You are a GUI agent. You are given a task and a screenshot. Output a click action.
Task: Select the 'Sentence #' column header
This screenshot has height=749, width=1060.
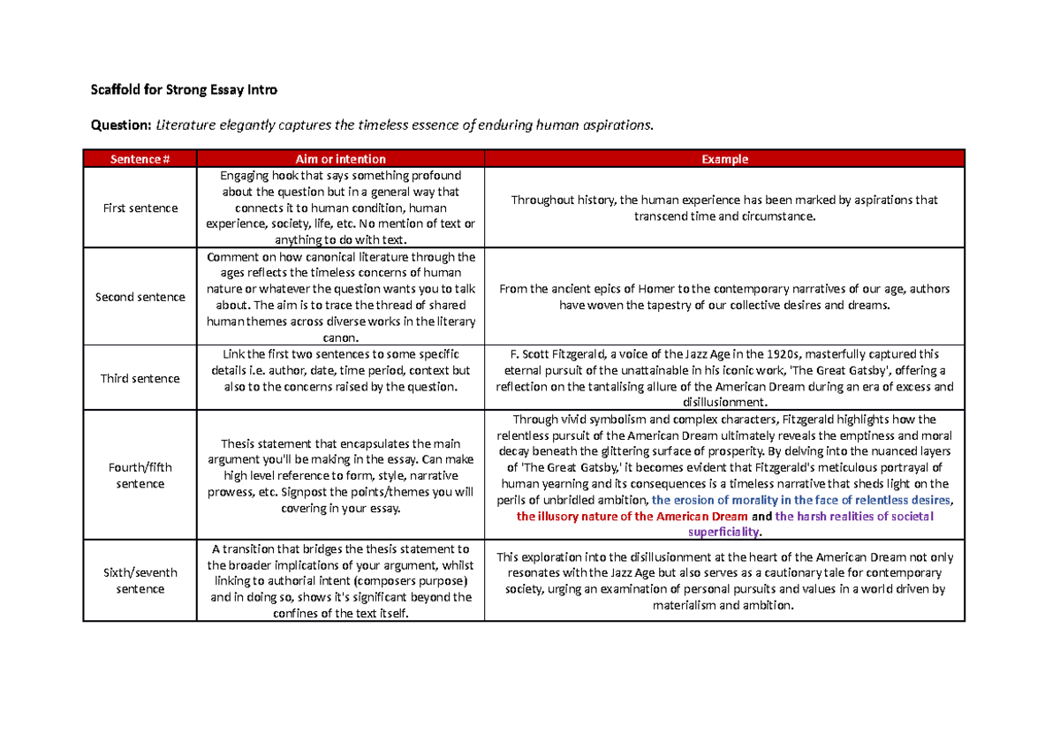coord(140,159)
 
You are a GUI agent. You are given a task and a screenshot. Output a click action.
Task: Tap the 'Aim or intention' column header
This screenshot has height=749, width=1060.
coord(340,159)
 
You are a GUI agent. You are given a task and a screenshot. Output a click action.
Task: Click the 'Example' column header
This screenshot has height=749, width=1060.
coord(724,159)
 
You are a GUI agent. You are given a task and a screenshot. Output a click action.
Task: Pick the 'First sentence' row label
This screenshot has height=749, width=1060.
coord(140,208)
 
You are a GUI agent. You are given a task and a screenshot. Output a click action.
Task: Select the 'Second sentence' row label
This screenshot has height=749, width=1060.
coord(140,297)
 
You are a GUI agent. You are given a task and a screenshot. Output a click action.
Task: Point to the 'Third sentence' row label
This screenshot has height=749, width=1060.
coord(140,378)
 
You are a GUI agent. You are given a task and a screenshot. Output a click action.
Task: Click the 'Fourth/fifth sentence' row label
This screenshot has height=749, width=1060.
coord(140,475)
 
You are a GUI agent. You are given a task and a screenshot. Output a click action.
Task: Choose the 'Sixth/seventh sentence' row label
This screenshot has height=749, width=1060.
coord(140,580)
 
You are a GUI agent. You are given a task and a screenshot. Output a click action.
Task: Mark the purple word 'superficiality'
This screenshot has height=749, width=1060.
coord(723,532)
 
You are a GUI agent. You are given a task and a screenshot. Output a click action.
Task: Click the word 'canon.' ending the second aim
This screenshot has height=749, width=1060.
coord(340,337)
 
